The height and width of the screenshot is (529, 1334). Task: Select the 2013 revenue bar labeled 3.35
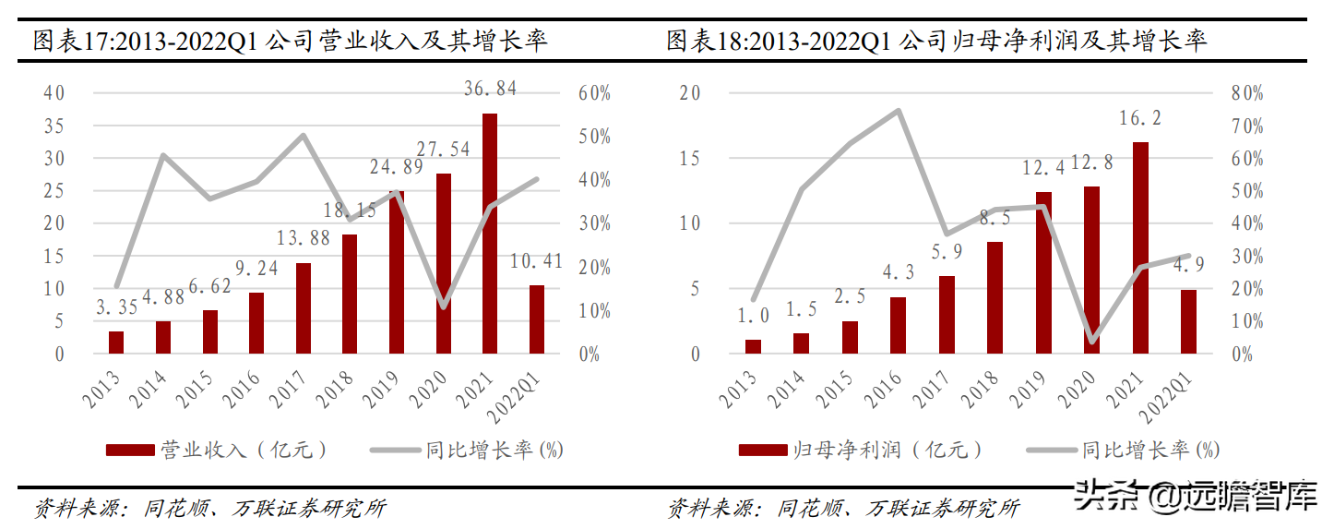[116, 342]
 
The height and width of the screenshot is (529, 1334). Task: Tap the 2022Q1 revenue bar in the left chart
[537, 319]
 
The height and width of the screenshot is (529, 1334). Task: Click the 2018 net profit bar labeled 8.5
[995, 297]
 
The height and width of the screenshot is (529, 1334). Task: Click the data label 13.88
[304, 240]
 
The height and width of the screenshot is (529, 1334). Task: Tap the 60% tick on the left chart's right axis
[595, 93]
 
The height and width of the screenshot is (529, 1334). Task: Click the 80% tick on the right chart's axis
[1245, 93]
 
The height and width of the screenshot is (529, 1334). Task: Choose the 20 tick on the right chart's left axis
[689, 93]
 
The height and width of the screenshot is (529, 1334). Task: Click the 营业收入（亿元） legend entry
[217, 450]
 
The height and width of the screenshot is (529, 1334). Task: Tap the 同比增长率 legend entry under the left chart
[467, 450]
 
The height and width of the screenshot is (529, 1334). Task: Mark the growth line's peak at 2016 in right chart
[898, 111]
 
